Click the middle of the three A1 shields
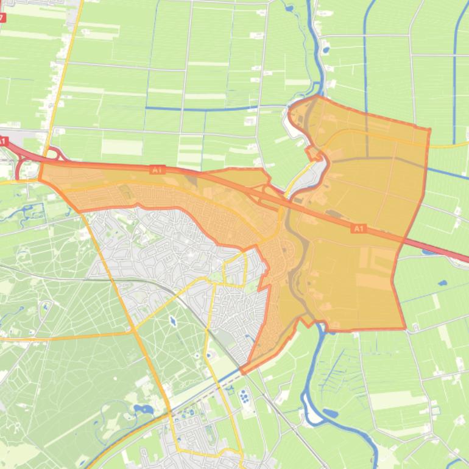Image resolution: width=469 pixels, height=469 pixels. [x=157, y=170]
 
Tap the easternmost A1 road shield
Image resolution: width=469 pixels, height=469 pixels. [x=358, y=228]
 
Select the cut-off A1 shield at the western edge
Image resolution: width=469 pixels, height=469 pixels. [x=2, y=141]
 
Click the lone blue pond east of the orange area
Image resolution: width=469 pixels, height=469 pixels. [x=442, y=283]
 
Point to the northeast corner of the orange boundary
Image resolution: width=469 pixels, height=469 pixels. [x=430, y=129]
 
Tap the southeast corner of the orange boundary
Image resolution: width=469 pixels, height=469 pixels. [x=405, y=328]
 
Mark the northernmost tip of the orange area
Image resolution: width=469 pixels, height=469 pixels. [x=317, y=96]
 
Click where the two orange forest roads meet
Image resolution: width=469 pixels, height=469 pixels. [x=133, y=332]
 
